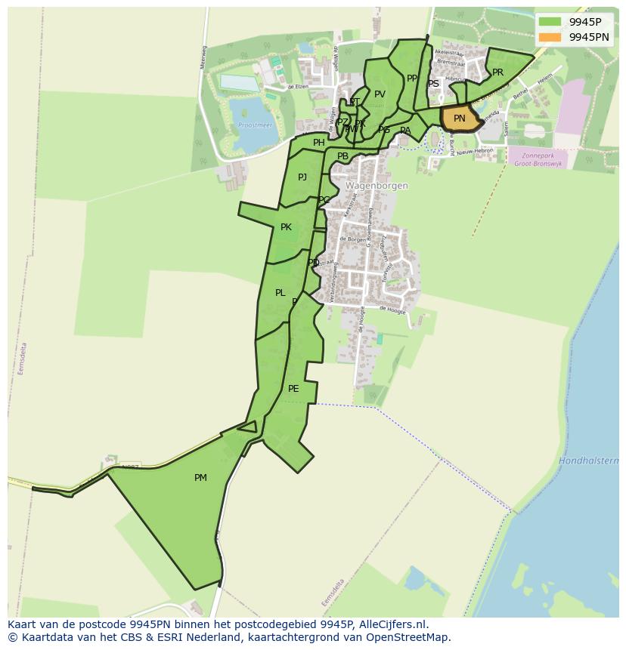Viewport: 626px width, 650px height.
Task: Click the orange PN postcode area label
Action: click(x=459, y=119)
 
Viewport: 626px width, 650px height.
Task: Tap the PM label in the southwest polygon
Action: click(x=200, y=478)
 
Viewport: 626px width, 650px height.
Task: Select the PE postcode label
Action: click(x=293, y=390)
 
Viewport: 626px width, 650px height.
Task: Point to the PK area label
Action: click(x=286, y=227)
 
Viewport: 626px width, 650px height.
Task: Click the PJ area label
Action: click(x=302, y=177)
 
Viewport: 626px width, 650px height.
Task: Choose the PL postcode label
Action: click(x=280, y=293)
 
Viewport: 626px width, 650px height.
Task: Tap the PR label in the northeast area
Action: click(x=497, y=72)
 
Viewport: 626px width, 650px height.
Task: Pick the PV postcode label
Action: click(x=380, y=94)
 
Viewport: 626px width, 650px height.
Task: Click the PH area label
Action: click(x=319, y=143)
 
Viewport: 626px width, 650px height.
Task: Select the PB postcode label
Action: click(x=343, y=157)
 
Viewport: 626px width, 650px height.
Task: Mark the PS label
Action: click(x=433, y=84)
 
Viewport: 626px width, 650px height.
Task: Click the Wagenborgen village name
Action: click(x=377, y=186)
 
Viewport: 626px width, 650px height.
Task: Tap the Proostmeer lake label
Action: click(x=251, y=125)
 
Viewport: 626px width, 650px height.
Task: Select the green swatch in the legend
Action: click(x=550, y=21)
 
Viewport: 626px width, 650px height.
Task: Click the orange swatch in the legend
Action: click(x=550, y=37)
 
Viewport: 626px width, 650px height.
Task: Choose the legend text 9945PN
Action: click(x=588, y=37)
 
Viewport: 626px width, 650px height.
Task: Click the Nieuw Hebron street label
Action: click(x=474, y=151)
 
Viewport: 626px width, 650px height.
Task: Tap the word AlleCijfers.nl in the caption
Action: click(x=392, y=625)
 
